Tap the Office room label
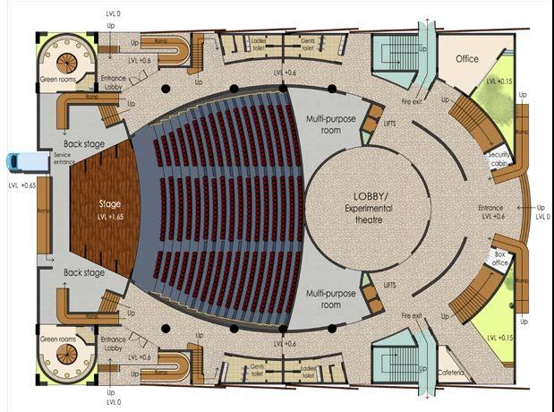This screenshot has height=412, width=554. pos(466,59)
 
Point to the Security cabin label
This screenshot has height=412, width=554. pos(499,158)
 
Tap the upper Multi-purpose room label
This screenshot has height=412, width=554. pos(328,124)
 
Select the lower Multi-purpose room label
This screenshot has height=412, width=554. pos(328,298)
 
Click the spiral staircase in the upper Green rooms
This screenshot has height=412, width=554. pos(65,63)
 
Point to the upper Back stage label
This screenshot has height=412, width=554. pos(85,143)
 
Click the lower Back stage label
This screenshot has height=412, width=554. pos(85,272)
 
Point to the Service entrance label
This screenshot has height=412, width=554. pos(62,159)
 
